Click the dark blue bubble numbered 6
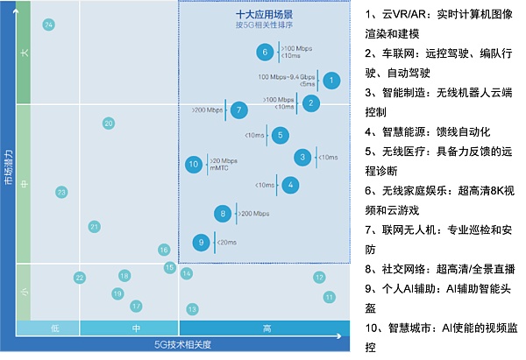(265, 53)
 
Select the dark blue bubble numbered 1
(331, 80)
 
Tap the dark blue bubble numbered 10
(194, 164)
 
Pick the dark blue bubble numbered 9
(202, 242)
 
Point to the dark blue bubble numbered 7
(238, 109)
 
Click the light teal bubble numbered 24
(48, 25)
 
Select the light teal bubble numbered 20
(109, 124)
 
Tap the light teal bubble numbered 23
(61, 192)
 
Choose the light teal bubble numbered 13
(192, 309)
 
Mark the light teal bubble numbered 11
(330, 297)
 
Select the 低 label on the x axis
(53, 328)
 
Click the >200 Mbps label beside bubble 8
(254, 214)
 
